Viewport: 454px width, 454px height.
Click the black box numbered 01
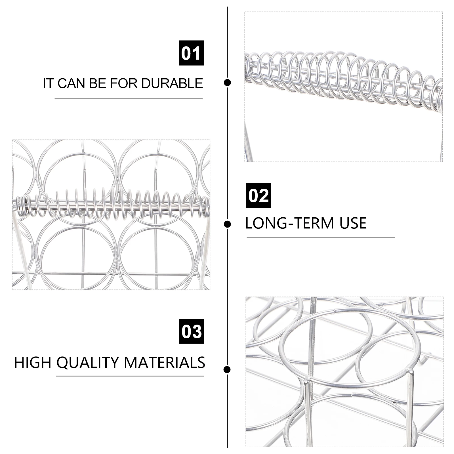point(191,53)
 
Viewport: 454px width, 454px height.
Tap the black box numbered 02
point(258,195)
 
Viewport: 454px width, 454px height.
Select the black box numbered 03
point(192,331)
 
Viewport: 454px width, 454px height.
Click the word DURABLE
point(172,83)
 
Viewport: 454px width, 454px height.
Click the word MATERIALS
point(165,363)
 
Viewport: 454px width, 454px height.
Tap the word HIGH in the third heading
point(33,363)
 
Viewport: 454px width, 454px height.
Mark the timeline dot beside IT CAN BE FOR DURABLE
point(227,83)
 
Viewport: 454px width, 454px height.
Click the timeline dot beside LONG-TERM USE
point(227,224)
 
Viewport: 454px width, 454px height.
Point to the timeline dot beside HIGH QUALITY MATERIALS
point(227,369)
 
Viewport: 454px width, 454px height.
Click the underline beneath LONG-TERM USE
point(321,238)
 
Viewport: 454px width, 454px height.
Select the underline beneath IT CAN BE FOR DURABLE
point(129,99)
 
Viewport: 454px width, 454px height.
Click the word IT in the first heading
point(48,83)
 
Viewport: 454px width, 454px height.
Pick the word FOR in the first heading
point(124,83)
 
